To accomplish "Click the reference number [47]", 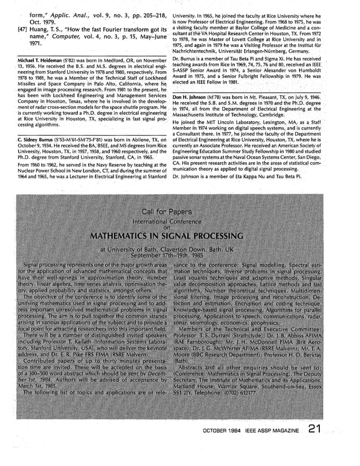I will click(18, 29).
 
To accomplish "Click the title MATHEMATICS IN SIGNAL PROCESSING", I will click(180, 235).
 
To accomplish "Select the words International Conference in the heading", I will click(180, 220).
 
